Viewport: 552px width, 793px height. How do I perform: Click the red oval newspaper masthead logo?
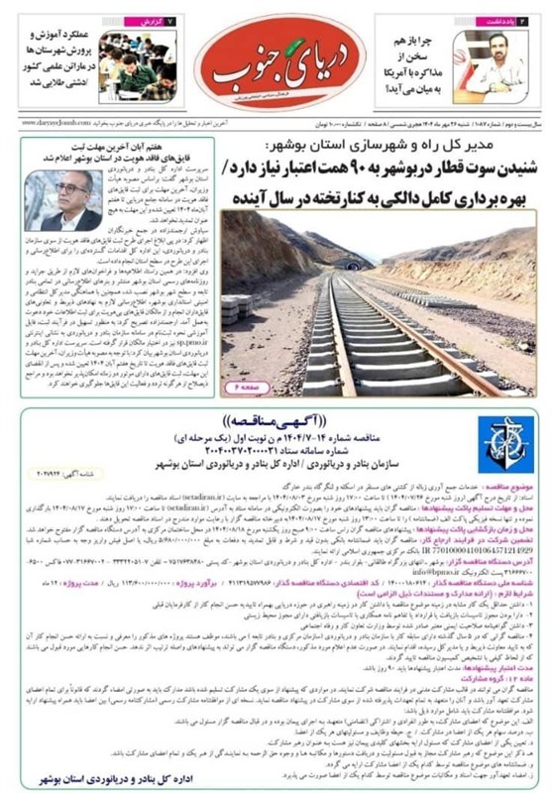click(x=279, y=60)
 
